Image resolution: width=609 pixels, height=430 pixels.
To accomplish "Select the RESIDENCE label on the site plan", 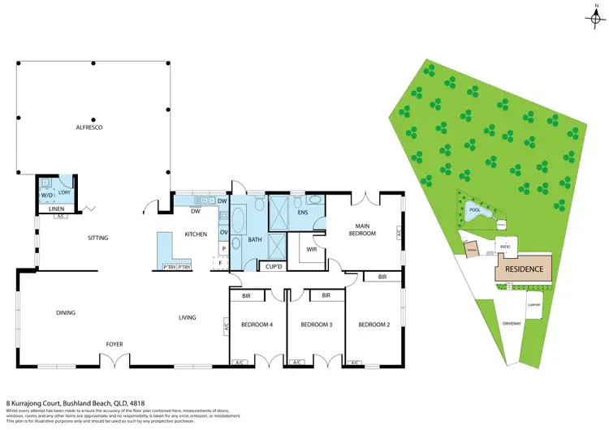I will (x=524, y=269).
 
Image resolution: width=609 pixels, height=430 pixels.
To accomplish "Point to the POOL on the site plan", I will (x=474, y=210).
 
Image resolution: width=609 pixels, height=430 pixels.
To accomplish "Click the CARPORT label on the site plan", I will (x=533, y=305).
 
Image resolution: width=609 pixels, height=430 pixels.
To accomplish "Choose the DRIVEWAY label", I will (x=512, y=323).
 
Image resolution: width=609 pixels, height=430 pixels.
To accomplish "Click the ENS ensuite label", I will (x=303, y=213).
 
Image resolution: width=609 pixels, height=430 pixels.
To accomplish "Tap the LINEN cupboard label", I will (x=55, y=209).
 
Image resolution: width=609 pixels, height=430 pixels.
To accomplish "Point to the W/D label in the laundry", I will (x=46, y=195).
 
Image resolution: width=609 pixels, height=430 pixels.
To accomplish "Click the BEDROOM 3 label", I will (x=316, y=325).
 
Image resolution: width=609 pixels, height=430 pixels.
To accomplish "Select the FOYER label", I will (x=114, y=344).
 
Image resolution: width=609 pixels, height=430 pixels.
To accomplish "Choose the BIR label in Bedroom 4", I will (x=257, y=296).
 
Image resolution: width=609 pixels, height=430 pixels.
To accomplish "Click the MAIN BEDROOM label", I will (x=362, y=230).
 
